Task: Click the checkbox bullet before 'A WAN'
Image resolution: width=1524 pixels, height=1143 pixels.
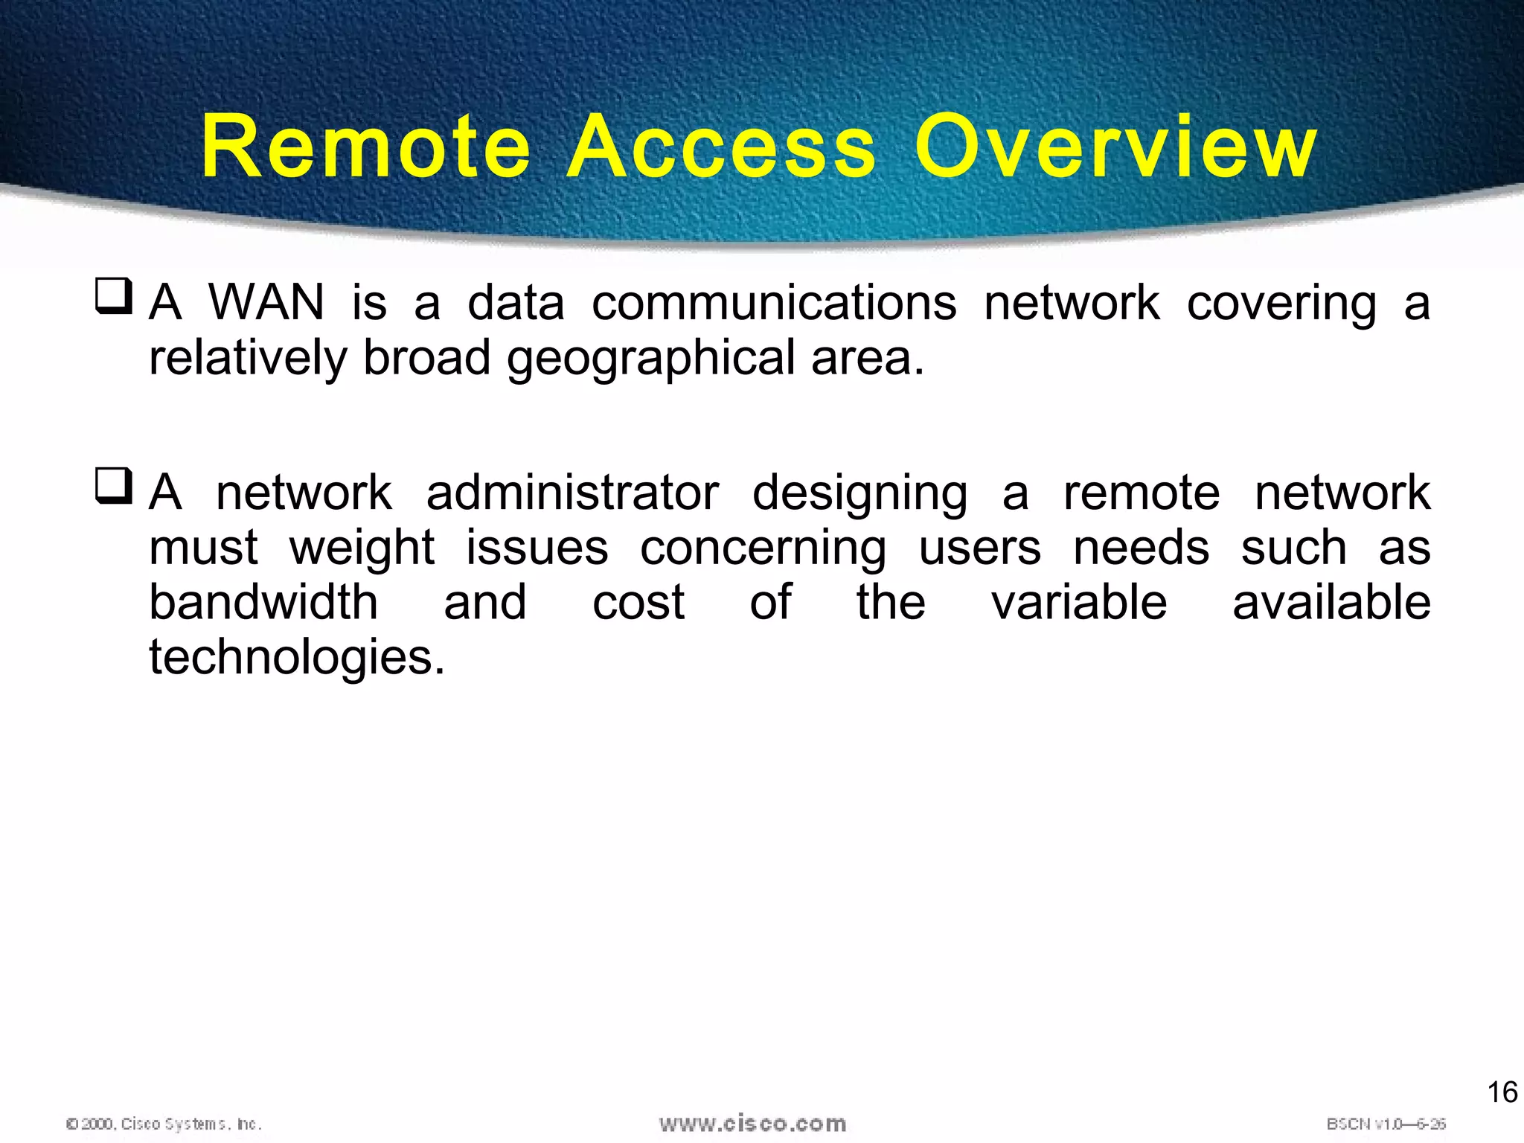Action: [114, 296]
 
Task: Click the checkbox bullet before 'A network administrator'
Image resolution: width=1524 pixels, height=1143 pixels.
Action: [114, 486]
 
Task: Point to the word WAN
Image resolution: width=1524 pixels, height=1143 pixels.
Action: [266, 303]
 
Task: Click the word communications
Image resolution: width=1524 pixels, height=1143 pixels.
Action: [774, 303]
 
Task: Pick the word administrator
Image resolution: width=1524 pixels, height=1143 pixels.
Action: [572, 493]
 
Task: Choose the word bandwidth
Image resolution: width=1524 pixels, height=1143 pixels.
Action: [263, 602]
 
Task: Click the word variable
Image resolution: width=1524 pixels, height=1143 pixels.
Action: [1079, 602]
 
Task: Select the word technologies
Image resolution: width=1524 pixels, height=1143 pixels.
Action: [297, 659]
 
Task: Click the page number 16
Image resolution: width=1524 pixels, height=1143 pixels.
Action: [1502, 1092]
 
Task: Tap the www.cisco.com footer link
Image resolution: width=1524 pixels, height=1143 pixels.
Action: [752, 1124]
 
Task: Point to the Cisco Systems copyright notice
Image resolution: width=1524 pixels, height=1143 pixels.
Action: [164, 1124]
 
